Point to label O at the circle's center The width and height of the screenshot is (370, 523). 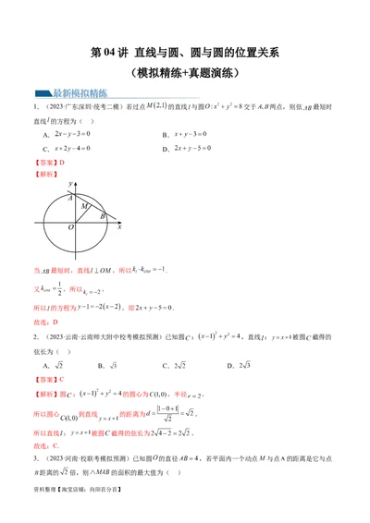(69, 226)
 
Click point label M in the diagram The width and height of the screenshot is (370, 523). (84, 206)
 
